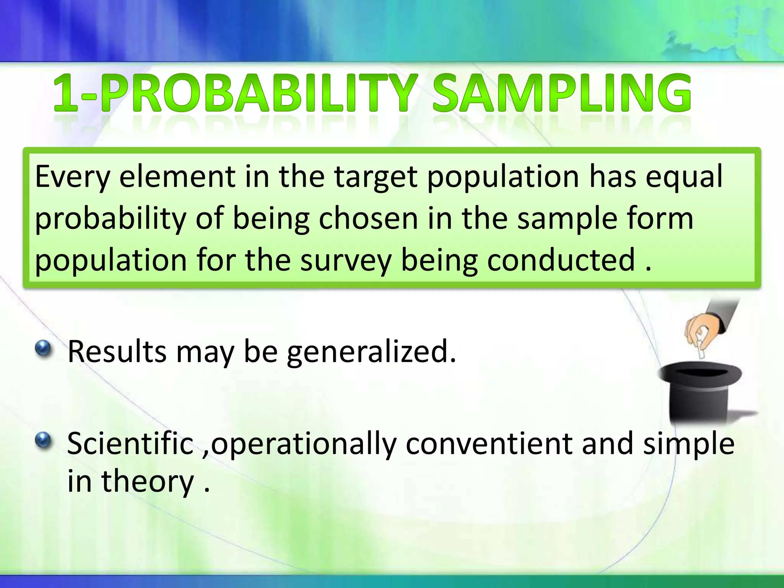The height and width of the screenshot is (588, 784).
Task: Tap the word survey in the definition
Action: click(x=346, y=260)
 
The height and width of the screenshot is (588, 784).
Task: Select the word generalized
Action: click(x=371, y=352)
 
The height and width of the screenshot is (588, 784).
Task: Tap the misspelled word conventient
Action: click(x=489, y=444)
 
